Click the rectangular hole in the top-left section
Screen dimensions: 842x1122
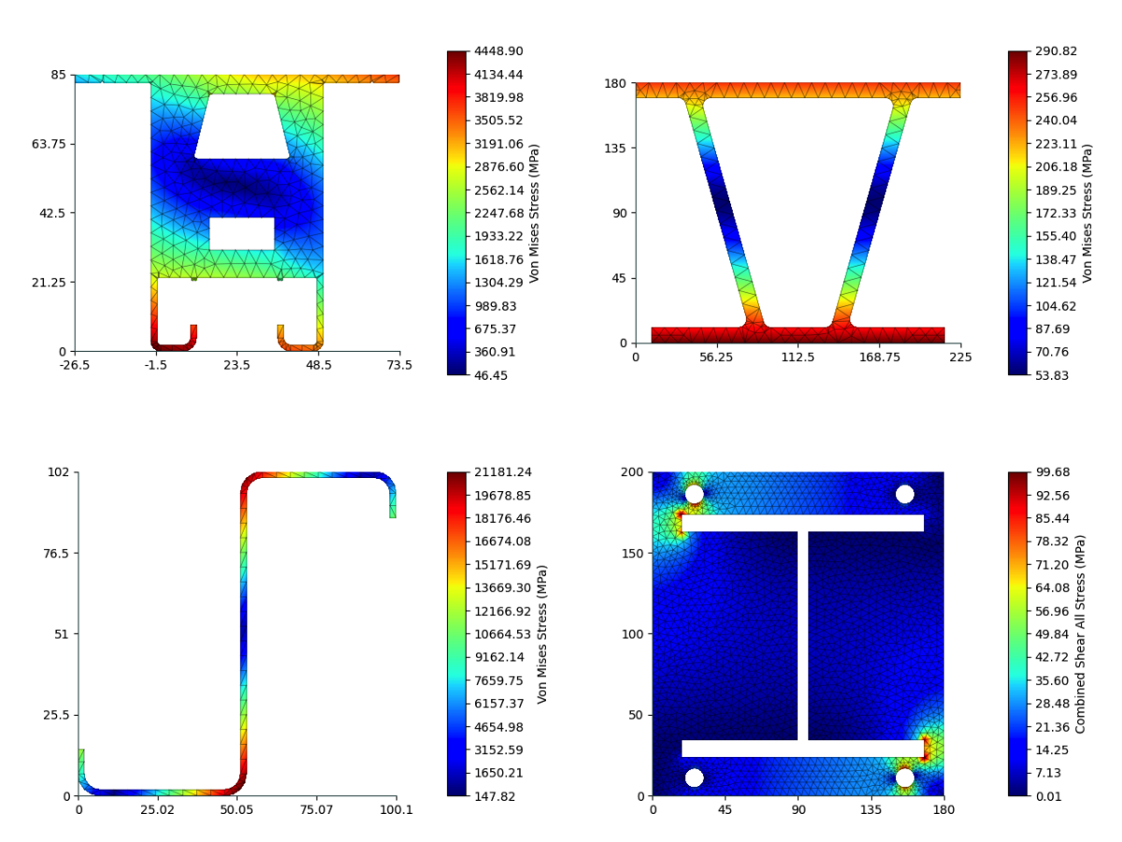[241, 234]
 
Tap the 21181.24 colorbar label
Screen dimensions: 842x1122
[504, 472]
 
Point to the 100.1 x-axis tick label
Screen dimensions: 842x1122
[396, 811]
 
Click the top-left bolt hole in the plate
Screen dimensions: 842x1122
[694, 494]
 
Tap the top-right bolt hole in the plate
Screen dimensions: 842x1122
[904, 494]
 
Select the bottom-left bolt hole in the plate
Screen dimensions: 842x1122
[694, 777]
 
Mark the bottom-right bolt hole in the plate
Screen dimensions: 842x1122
[904, 777]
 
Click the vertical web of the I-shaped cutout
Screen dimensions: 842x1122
[803, 636]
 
